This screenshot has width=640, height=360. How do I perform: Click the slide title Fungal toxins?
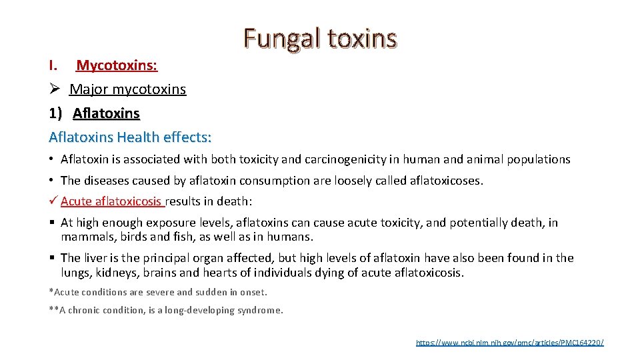tap(320, 39)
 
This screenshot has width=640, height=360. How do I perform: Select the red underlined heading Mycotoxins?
tap(117, 65)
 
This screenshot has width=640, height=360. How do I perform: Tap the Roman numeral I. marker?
tap(55, 65)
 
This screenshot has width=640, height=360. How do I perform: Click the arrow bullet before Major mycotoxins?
tap(55, 89)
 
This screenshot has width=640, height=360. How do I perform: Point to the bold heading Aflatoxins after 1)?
tap(106, 113)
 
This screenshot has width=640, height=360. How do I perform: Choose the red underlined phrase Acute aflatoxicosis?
tap(111, 201)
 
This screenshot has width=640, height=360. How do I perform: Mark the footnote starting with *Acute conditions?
tap(158, 292)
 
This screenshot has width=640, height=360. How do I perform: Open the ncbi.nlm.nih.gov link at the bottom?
tap(509, 342)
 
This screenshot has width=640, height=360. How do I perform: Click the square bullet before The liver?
tap(52, 258)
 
